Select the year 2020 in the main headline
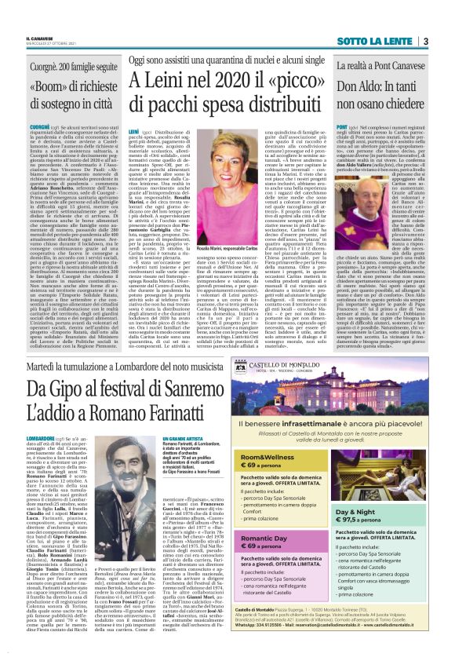tap(217, 82)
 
